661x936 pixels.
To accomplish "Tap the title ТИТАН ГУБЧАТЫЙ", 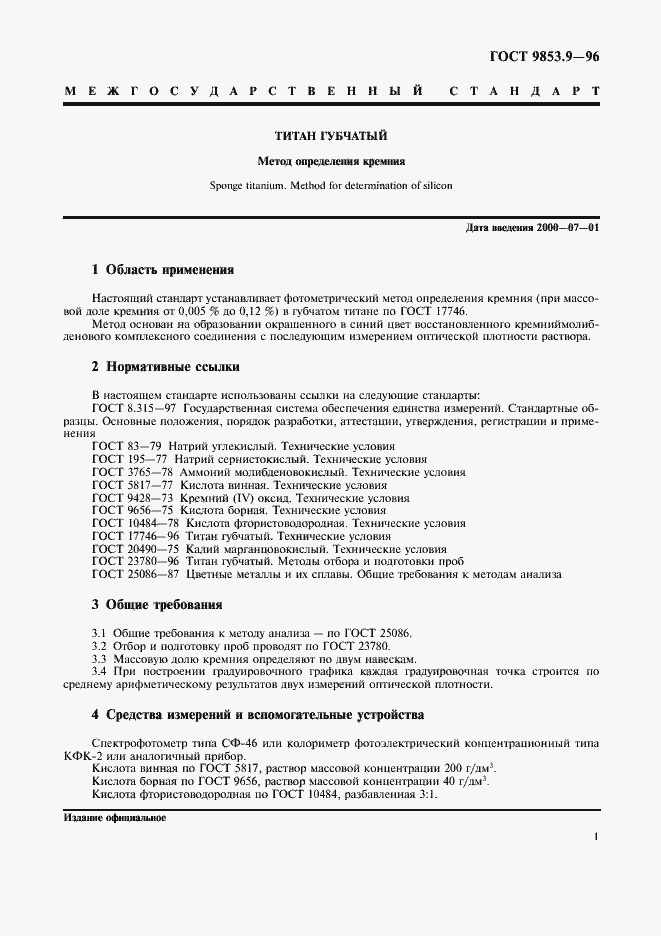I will (331, 135).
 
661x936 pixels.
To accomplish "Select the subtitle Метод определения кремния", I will (331, 160).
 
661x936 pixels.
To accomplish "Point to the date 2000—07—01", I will (569, 229).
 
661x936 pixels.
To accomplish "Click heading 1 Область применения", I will (163, 270).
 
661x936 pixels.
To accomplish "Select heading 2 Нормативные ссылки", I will (167, 366).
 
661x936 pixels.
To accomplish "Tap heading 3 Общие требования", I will (157, 605).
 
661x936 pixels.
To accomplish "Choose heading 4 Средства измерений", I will (258, 715).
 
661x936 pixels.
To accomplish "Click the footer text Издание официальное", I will (114, 818).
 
